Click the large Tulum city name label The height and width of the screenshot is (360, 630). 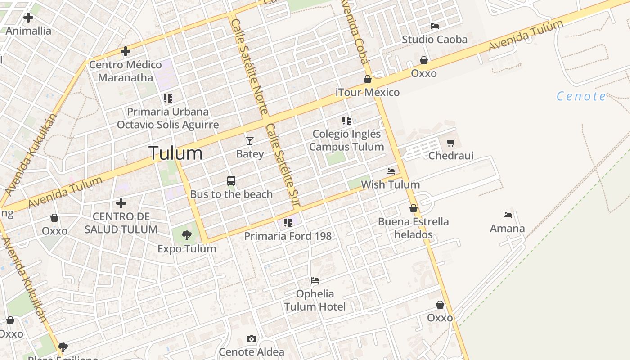tap(175, 153)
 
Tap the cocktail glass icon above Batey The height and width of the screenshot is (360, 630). tap(250, 141)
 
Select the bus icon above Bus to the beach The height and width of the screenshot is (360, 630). tap(231, 181)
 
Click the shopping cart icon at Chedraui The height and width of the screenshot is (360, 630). tap(451, 143)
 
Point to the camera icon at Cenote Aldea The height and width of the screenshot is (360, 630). tap(252, 339)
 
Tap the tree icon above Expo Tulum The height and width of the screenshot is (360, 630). tap(187, 235)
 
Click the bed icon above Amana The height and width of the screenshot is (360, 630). tap(508, 215)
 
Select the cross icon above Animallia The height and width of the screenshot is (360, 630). tap(28, 18)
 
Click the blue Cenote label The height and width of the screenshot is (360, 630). tap(581, 96)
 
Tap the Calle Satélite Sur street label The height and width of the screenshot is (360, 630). tap(283, 166)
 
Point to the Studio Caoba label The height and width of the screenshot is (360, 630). tap(435, 40)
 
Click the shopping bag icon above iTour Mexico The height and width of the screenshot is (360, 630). tap(368, 79)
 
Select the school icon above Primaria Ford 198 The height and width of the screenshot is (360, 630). tap(288, 222)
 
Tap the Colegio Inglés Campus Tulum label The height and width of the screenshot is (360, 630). tap(346, 140)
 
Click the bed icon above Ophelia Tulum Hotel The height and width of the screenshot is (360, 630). tap(315, 280)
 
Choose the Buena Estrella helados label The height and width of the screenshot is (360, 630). tap(413, 228)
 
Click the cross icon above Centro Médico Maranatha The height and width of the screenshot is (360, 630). tap(126, 51)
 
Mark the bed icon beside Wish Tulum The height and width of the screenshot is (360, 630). tap(391, 171)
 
